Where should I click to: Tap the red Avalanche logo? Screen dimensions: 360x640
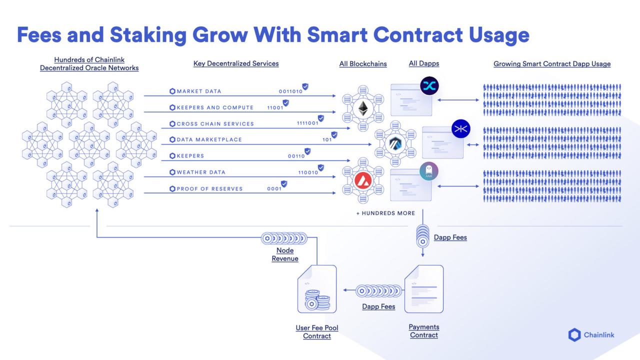pos(363,178)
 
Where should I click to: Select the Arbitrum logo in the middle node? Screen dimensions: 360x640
pos(395,144)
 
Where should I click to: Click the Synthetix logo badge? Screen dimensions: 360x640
pos(429,86)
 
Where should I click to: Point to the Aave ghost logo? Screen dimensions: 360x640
pos(429,171)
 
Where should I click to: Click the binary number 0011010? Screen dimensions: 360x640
pos(290,91)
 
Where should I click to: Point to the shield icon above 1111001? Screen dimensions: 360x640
pos(321,118)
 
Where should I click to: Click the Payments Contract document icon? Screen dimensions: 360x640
pos(423,289)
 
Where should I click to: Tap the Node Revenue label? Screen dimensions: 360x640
pos(285,254)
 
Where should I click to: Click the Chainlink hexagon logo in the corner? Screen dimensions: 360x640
pos(574,334)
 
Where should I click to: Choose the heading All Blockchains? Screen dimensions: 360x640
pos(363,63)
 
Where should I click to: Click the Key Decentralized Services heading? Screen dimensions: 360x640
pos(236,63)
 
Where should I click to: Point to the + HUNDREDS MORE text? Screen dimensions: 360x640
pos(385,213)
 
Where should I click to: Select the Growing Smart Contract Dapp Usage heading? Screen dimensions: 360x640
pos(552,63)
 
